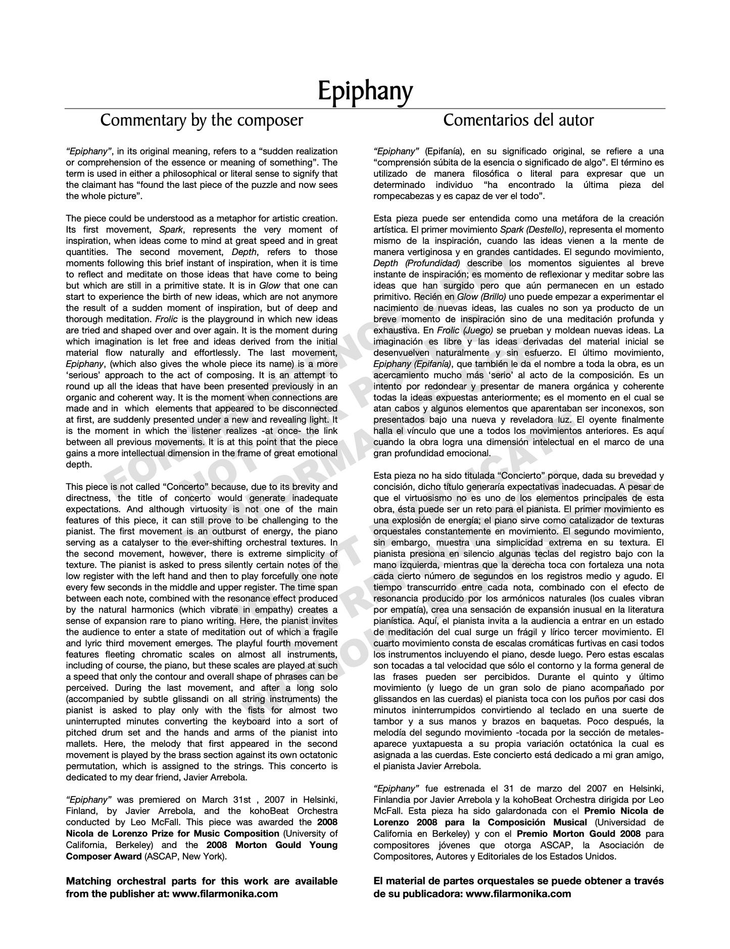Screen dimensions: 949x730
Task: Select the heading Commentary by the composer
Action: point(202,120)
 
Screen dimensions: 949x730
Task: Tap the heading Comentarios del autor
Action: point(518,120)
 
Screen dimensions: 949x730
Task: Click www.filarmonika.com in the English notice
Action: point(225,893)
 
